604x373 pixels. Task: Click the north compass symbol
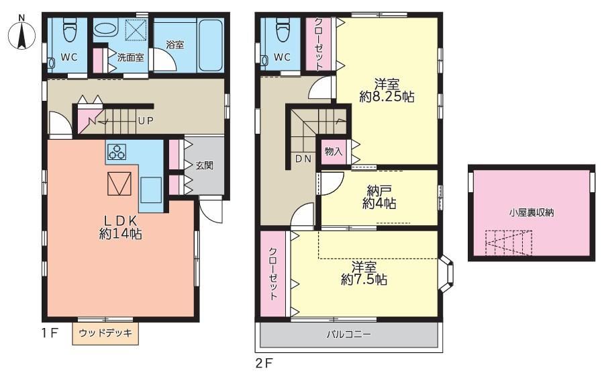21,34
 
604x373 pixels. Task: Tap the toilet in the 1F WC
70,30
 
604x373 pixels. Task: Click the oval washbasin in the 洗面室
105,29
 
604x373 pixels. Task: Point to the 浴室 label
175,44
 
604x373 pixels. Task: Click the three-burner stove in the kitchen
117,152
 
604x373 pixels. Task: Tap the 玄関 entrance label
204,165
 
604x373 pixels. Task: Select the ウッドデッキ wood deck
105,333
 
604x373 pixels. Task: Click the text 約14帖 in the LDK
121,233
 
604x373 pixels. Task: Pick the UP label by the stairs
146,121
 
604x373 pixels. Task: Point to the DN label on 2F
303,159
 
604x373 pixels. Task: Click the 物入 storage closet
334,151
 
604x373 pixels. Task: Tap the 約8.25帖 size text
387,96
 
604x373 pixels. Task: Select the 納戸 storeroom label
379,190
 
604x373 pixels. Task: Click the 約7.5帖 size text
364,280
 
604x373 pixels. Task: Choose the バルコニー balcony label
349,334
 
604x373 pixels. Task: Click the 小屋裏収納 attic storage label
532,212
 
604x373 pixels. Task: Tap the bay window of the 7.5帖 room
446,274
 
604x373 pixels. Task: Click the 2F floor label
264,364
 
